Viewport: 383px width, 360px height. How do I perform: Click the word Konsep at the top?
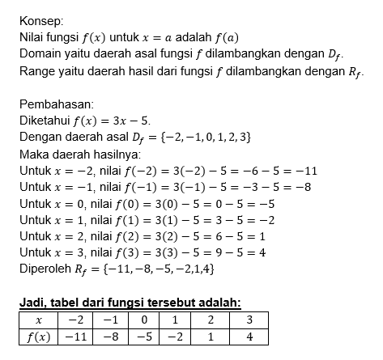(x=37, y=19)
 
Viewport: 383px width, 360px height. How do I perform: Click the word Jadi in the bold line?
(x=32, y=303)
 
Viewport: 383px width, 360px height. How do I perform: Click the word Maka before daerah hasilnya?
(x=32, y=154)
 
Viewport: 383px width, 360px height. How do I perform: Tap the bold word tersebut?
(x=171, y=303)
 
